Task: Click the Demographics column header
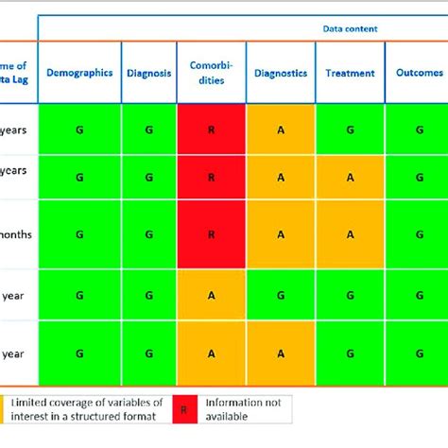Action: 79,73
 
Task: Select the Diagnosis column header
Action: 148,73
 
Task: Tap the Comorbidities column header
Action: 211,73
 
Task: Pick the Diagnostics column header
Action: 281,73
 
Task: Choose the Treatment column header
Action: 350,73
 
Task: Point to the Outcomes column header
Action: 417,73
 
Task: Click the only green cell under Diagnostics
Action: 281,294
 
